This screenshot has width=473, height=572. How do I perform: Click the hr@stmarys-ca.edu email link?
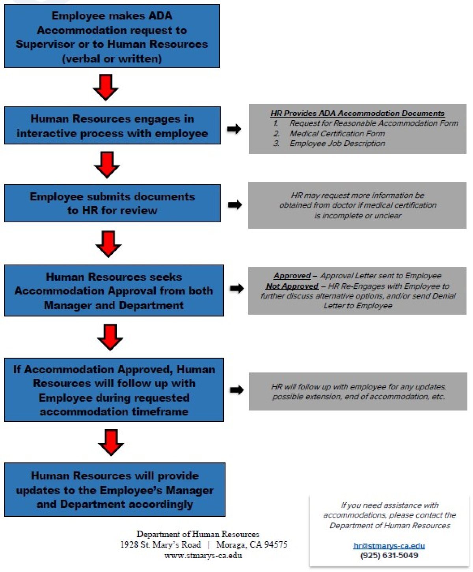[389, 546]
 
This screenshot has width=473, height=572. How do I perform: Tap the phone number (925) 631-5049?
[389, 556]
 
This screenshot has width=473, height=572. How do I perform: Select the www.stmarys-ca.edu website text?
[203, 555]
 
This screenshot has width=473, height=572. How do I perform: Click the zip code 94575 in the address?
[276, 545]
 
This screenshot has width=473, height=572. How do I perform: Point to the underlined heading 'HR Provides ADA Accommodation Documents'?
[357, 114]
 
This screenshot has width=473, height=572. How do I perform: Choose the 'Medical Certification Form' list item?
[337, 134]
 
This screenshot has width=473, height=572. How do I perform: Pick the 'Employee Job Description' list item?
[337, 143]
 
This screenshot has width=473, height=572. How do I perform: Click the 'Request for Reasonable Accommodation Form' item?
[374, 123]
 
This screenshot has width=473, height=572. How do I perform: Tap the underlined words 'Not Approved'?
[292, 286]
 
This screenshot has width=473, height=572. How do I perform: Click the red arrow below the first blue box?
[106, 87]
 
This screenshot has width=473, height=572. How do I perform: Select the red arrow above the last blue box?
[111, 442]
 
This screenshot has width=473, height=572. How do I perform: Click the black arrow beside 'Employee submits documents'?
[235, 205]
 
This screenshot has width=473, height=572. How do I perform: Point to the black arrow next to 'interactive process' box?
[234, 129]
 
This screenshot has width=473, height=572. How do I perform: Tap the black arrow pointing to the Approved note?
[236, 288]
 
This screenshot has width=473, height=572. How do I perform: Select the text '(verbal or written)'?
[112, 59]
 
